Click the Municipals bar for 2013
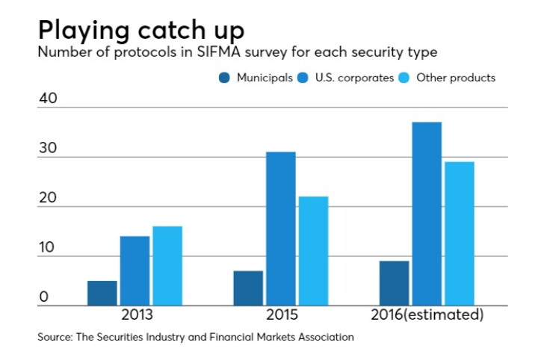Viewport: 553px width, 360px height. tap(102, 293)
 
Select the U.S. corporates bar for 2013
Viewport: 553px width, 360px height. tap(135, 271)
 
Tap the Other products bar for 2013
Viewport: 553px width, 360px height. tap(167, 266)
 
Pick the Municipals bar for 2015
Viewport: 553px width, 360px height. tap(248, 288)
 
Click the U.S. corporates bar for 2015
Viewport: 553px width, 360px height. tap(281, 229)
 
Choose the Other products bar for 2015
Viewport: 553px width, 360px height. tap(314, 251)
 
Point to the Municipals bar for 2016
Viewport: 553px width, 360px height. tap(395, 283)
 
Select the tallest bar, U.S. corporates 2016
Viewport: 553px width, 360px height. tap(427, 214)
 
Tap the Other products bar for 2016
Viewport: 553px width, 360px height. tap(460, 234)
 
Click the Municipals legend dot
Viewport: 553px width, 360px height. tap(224, 78)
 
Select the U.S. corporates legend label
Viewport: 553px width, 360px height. tap(354, 78)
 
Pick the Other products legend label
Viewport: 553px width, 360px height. tap(456, 78)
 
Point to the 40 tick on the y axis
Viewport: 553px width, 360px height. tap(48, 98)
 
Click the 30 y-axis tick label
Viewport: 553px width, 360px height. tap(48, 148)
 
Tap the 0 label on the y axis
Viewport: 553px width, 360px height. tap(44, 297)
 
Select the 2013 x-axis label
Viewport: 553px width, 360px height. tap(137, 314)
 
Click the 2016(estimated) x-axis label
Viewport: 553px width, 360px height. tap(427, 314)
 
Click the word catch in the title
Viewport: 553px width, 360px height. tap(171, 30)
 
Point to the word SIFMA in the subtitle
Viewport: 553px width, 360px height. tap(219, 52)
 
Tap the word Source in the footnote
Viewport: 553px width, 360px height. tap(55, 337)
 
